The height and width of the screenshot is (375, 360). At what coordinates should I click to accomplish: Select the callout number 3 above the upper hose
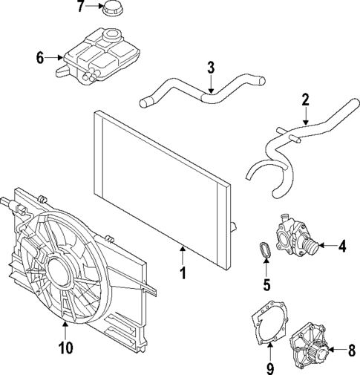tap(211, 68)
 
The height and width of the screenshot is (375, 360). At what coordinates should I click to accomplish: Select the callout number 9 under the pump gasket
tap(270, 367)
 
